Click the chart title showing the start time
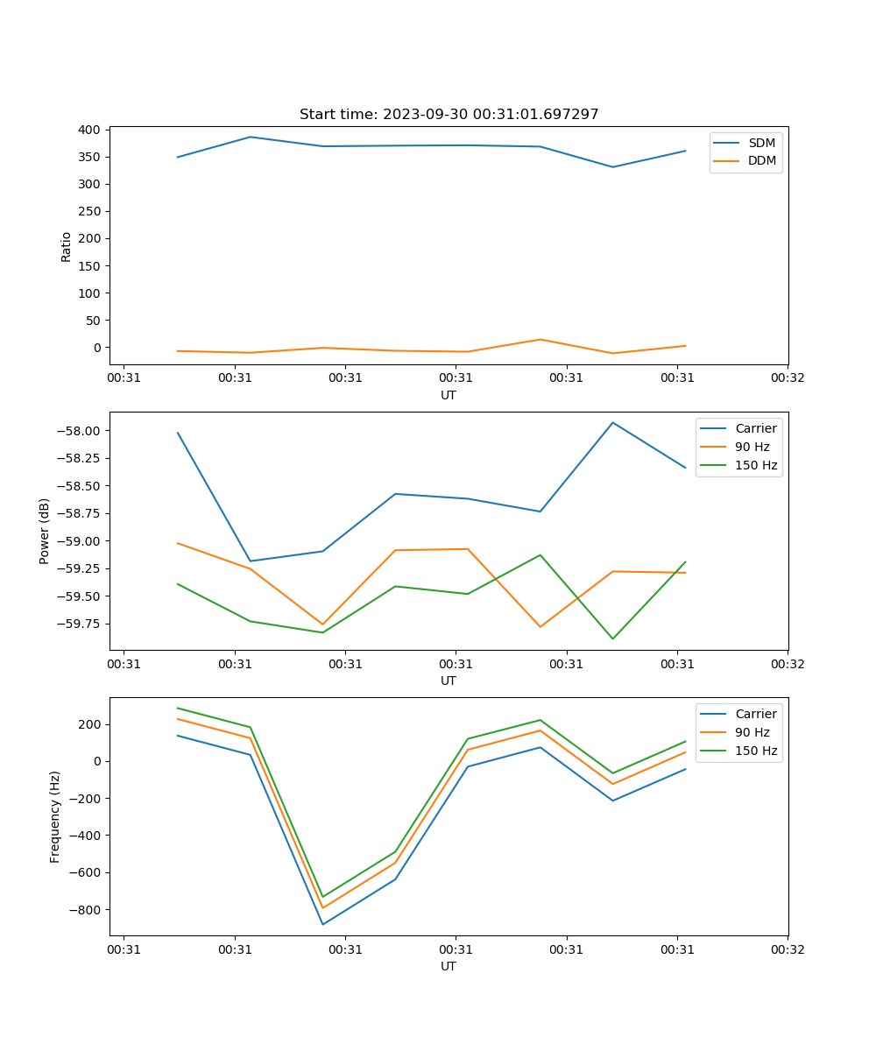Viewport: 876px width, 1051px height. (x=449, y=115)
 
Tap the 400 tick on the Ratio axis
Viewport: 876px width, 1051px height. (x=89, y=130)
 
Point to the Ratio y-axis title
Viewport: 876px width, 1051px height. (x=67, y=246)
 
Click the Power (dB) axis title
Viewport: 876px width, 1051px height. (x=45, y=531)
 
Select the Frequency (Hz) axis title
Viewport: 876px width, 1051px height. (x=55, y=816)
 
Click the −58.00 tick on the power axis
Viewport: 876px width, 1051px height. (x=81, y=431)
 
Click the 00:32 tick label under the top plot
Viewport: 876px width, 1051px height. (x=788, y=378)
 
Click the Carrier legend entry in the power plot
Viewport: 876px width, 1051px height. (x=755, y=429)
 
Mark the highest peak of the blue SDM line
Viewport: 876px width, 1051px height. (x=251, y=137)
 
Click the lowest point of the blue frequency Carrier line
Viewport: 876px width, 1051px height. (x=322, y=924)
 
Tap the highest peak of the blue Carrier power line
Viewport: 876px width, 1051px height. (x=612, y=422)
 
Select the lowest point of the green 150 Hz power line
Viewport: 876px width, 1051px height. (x=612, y=638)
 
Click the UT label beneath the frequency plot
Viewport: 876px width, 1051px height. (x=449, y=966)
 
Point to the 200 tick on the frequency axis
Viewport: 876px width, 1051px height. (x=90, y=724)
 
